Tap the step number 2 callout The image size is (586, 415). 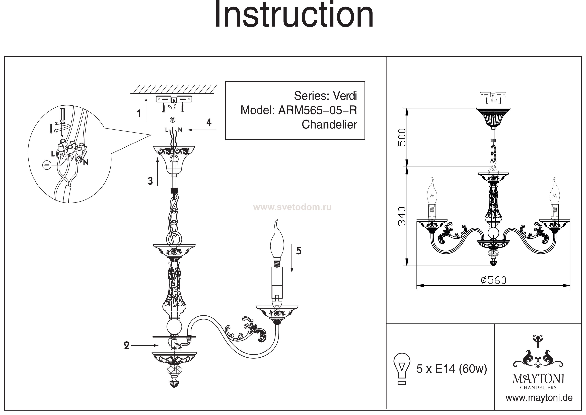click(127, 346)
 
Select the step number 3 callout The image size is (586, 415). click(150, 181)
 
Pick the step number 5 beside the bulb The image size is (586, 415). click(299, 251)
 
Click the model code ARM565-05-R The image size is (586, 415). click(318, 110)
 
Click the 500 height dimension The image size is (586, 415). click(402, 137)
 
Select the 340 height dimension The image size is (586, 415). click(402, 216)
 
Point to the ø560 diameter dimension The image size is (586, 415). click(493, 280)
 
